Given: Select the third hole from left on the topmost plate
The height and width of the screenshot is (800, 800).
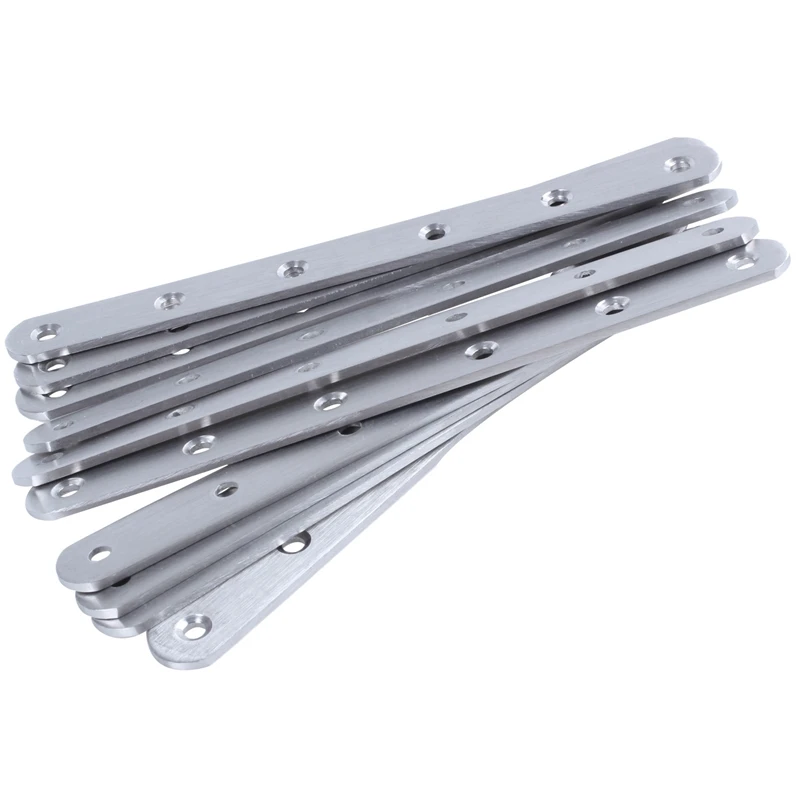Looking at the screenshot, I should [292, 268].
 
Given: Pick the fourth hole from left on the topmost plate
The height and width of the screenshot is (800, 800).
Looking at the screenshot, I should [432, 231].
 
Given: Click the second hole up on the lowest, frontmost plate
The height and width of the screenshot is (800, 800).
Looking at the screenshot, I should [294, 544].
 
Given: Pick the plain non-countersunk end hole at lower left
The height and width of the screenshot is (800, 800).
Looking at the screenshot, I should [101, 553].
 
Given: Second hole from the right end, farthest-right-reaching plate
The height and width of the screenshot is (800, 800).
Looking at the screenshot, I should [607, 305].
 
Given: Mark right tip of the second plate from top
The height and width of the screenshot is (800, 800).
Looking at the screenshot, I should [734, 196].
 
